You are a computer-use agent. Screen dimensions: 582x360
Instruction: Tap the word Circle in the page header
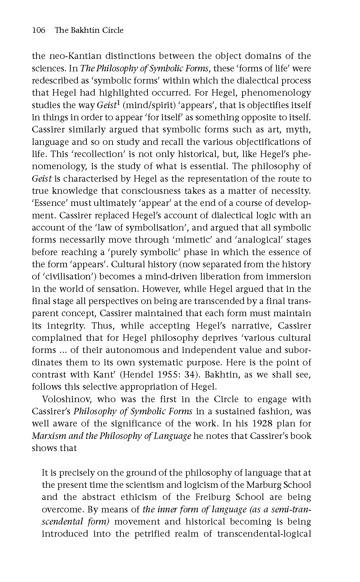pyautogui.click(x=113, y=30)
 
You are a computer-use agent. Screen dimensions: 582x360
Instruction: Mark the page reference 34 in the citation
pyautogui.click(x=222, y=375)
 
